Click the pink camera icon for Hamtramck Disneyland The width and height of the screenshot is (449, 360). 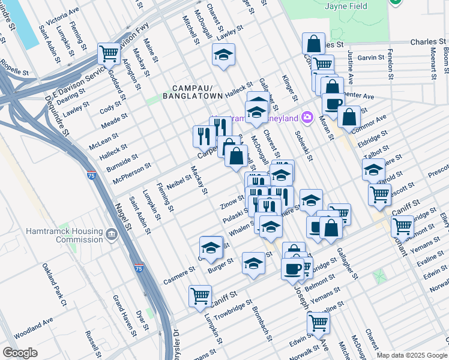pos(308,118)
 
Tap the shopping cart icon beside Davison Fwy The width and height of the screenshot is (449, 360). pos(109,53)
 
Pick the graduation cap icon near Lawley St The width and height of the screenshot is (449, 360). pos(223,56)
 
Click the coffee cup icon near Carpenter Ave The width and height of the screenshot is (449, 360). pos(333,103)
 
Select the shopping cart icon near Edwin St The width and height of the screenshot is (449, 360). pos(318,323)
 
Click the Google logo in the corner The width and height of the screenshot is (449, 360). pos(20,353)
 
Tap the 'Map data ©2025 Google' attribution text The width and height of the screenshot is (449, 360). pos(411,355)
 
